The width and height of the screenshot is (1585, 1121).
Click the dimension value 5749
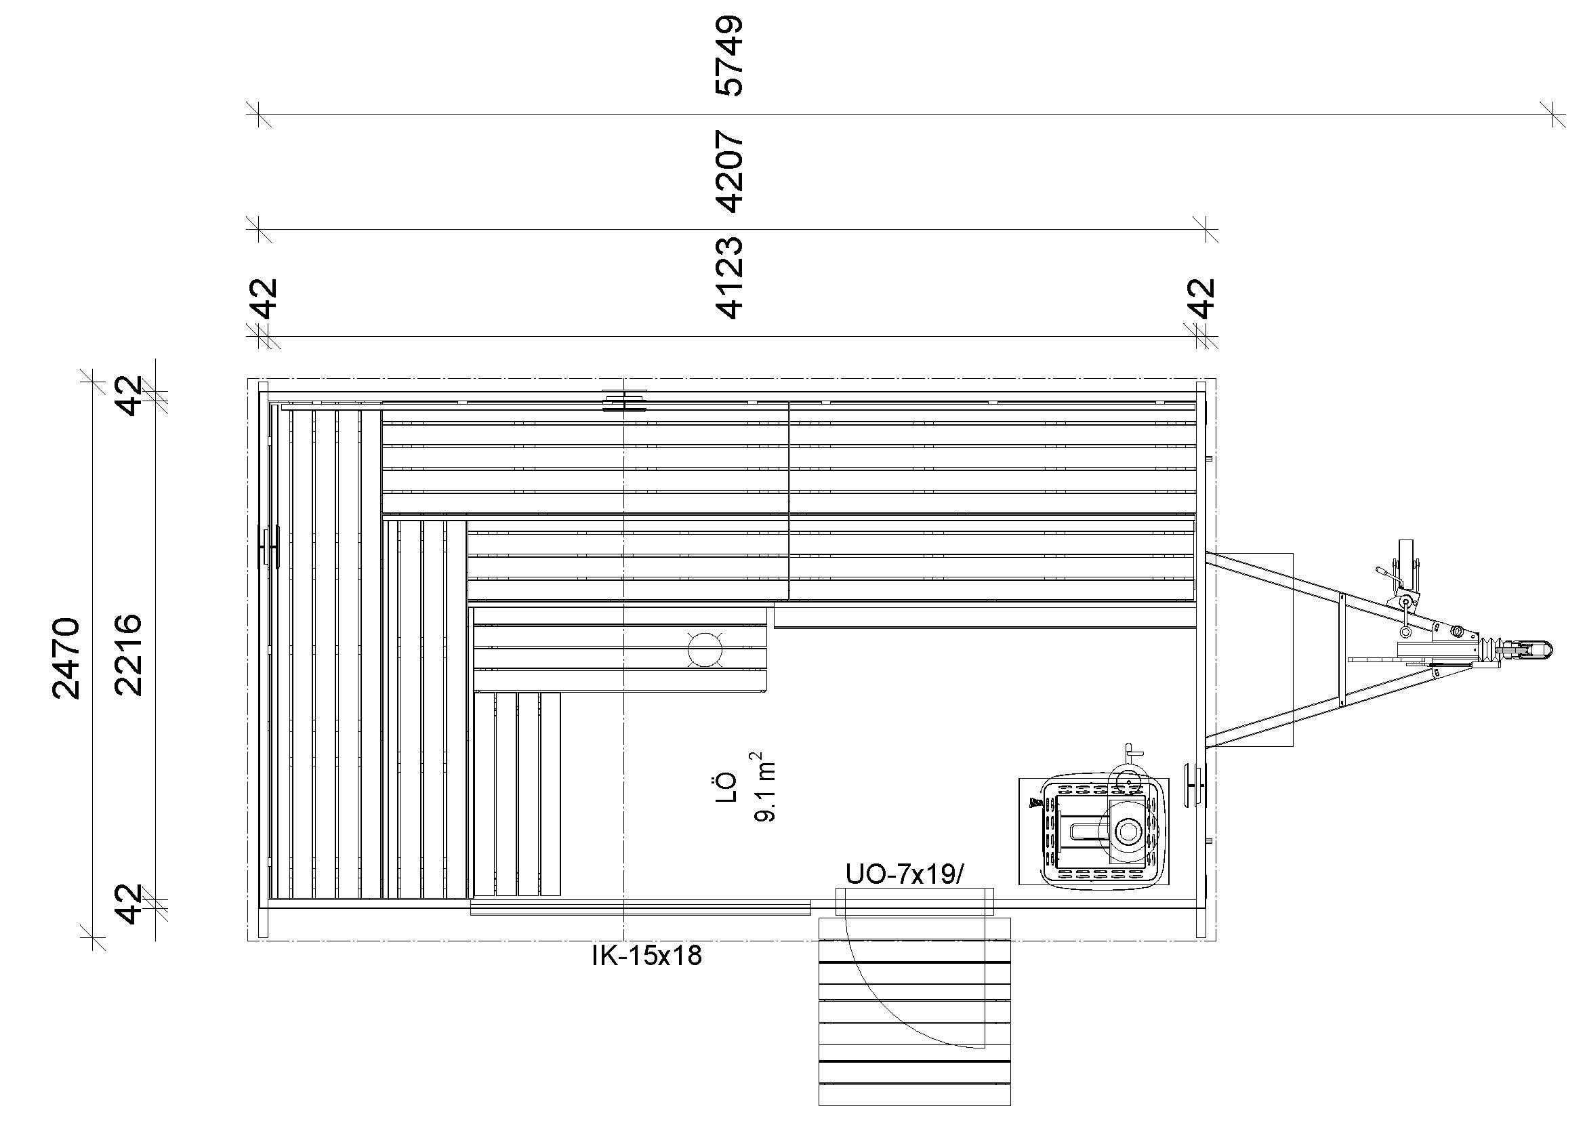click(x=730, y=55)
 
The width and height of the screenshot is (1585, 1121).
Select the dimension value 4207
click(x=730, y=171)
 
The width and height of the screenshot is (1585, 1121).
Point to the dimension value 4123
click(x=730, y=278)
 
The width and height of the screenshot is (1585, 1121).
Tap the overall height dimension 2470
click(x=66, y=658)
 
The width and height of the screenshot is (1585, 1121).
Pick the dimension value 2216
click(x=128, y=655)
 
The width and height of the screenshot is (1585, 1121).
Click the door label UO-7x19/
click(x=905, y=874)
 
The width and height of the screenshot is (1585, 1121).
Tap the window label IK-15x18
click(x=647, y=956)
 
